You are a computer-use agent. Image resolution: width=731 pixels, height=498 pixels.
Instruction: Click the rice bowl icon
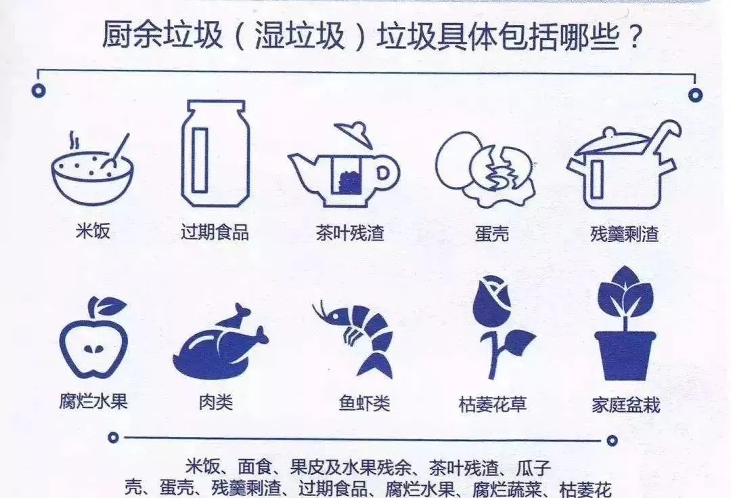click(92, 173)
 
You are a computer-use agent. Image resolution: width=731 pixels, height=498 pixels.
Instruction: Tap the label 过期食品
click(215, 232)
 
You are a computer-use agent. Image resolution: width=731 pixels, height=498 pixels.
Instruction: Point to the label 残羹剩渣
click(624, 234)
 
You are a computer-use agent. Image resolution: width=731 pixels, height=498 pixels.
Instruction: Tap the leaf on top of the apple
click(110, 307)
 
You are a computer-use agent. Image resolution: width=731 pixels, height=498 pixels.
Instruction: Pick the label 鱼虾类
click(364, 404)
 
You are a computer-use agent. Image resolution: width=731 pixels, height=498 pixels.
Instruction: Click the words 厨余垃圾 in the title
click(162, 36)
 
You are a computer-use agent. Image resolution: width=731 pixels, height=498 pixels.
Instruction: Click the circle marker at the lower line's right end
click(612, 441)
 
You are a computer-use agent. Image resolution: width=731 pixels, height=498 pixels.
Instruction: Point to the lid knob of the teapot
click(360, 127)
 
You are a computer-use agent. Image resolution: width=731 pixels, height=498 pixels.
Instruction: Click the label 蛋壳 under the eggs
click(491, 234)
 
